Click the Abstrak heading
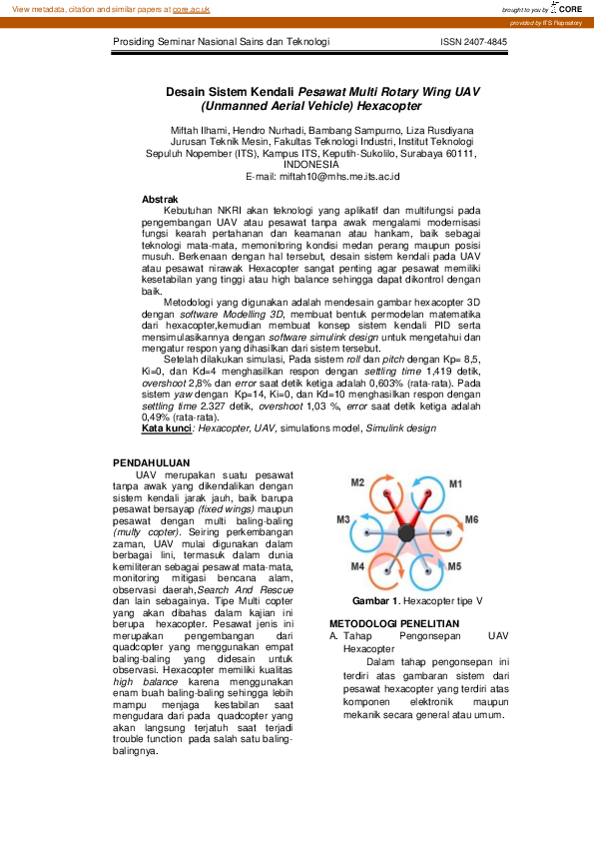tap(160, 200)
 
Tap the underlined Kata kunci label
tap(167, 427)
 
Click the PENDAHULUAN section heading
tap(151, 462)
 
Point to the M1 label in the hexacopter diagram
tap(455, 483)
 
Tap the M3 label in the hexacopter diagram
tap(342, 520)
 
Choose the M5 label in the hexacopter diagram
tap(454, 566)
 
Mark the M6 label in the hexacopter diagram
tap(471, 520)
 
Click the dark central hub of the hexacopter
tap(406, 534)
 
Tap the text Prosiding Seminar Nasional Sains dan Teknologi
tap(221, 43)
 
